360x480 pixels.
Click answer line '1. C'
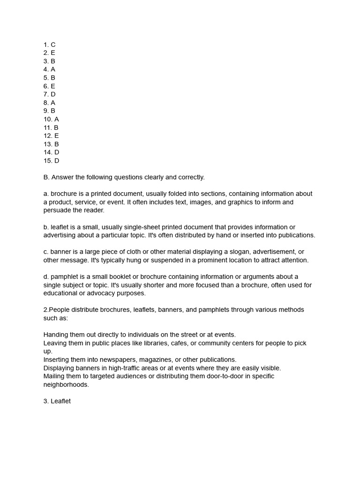[x=49, y=45]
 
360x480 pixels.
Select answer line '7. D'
[x=49, y=94]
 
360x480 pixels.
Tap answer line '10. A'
[x=51, y=119]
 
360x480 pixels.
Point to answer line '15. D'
[x=51, y=161]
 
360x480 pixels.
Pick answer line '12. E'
[x=51, y=136]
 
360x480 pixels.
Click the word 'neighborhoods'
[x=66, y=384]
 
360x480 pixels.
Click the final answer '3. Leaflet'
[x=57, y=401]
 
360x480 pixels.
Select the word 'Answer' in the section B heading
[x=62, y=177]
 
